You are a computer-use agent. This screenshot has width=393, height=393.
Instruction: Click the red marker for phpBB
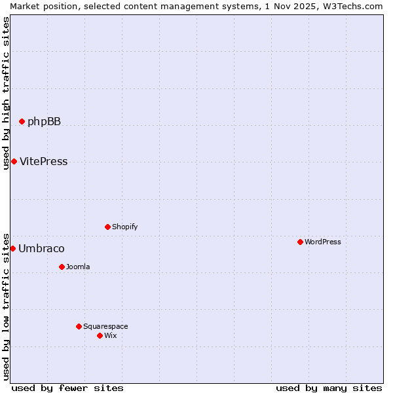tap(22, 121)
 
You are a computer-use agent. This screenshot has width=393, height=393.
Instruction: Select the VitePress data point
tap(14, 161)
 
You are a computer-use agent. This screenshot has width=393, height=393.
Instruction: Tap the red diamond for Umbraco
tap(12, 248)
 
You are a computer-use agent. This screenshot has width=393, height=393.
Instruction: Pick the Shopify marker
tap(107, 227)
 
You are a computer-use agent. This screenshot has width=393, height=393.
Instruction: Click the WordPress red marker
tap(300, 242)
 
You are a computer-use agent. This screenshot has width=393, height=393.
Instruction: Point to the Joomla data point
tap(62, 267)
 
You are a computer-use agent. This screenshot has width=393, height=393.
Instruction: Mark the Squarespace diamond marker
tap(79, 326)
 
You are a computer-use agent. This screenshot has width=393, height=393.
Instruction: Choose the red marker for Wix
tap(100, 335)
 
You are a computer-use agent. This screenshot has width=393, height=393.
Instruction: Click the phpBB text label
tap(44, 121)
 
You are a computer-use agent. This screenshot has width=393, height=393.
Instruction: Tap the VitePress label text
tap(43, 162)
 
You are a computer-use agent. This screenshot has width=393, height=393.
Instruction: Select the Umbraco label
tap(41, 249)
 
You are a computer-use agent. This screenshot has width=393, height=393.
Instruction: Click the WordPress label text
tap(322, 242)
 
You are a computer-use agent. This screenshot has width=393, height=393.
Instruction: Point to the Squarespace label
tap(105, 326)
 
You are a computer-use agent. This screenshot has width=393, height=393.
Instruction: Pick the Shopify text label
tap(124, 227)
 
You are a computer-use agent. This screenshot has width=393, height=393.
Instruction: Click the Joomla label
tap(78, 267)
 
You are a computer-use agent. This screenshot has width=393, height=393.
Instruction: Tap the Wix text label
tap(110, 335)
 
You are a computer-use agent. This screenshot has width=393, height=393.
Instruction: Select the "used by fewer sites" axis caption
tap(67, 388)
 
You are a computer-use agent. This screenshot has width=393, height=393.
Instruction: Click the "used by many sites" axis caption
tap(329, 388)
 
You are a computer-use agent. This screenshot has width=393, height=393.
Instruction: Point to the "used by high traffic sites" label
tap(6, 93)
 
